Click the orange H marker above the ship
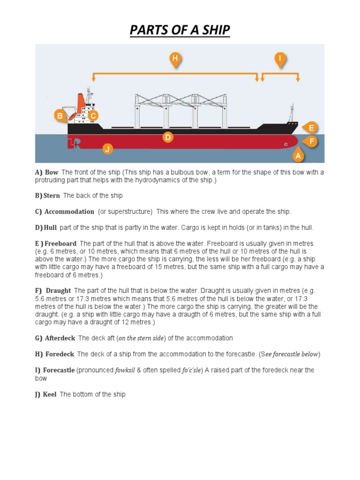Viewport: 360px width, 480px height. point(175,59)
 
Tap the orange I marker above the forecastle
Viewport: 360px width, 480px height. point(280,59)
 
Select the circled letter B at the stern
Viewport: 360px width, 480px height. point(60,115)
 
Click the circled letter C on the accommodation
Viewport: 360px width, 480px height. point(93,115)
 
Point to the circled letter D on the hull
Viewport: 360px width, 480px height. point(168,137)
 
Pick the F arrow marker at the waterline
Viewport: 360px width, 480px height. point(311,140)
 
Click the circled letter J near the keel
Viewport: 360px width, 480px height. point(108,150)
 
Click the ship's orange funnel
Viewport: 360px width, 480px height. point(81,100)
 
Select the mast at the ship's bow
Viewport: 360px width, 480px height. point(292,113)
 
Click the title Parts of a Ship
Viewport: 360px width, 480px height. point(180,31)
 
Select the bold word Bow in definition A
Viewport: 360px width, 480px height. point(52,172)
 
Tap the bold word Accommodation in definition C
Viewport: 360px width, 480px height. point(69,212)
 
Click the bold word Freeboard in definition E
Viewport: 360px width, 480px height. point(60,244)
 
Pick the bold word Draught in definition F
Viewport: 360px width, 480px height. point(58,291)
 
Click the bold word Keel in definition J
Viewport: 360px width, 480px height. point(50,394)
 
